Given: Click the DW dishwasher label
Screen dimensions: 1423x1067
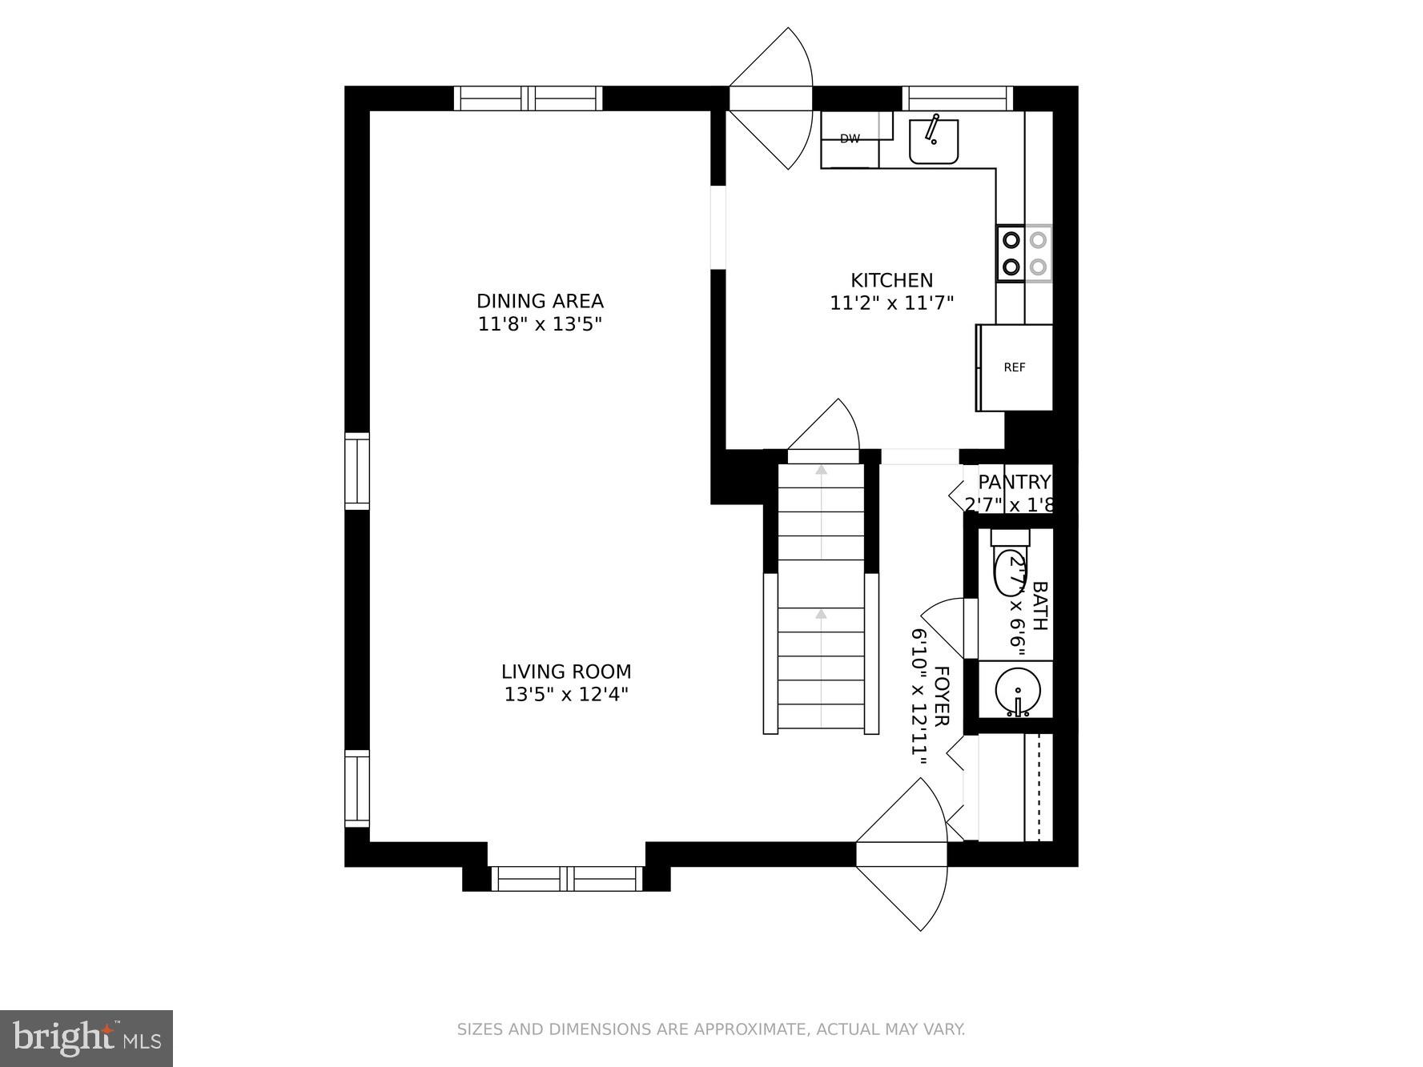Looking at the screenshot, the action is (850, 139).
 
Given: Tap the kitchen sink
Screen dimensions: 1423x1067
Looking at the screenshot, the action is (934, 141).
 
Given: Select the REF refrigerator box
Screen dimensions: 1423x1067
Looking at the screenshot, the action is (1015, 367).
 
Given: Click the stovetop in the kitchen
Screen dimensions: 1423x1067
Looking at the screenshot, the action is (1024, 253).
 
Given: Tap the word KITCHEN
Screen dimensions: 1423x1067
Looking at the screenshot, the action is (891, 280).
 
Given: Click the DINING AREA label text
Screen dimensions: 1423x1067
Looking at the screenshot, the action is (540, 301).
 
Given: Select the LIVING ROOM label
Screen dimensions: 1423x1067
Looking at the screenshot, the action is (566, 672).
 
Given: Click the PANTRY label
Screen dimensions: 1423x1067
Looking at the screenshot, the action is (1015, 482).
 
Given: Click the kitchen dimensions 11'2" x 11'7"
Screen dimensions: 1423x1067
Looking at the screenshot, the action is (891, 303).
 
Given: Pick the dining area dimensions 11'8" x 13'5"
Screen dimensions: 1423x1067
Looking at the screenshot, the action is (540, 324).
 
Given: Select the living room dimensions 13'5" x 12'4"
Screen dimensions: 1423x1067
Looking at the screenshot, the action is (566, 694).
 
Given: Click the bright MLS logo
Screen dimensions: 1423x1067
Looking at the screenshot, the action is (86, 1038).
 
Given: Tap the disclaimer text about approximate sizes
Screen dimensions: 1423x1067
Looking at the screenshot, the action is (711, 1029).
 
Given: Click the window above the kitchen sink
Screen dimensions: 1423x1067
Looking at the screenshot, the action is (958, 98).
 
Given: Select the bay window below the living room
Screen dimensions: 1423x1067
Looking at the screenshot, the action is (567, 879).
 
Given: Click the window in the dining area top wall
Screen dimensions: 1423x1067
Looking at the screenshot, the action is (528, 98).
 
